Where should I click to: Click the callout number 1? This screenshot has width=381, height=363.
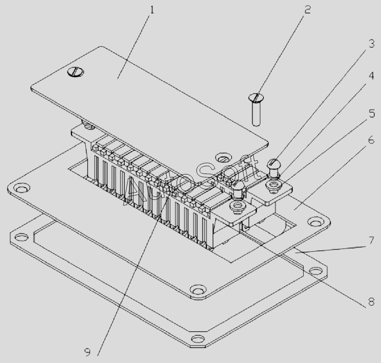(152, 9)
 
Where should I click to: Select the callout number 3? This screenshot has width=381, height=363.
(371, 44)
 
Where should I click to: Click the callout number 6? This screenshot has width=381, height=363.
(371, 140)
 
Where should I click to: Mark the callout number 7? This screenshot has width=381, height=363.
(371, 239)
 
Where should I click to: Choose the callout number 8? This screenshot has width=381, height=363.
(371, 302)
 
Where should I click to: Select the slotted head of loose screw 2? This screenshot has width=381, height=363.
(256, 98)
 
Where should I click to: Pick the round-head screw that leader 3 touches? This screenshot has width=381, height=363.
(274, 164)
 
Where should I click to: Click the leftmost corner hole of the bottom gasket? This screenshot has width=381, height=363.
(20, 237)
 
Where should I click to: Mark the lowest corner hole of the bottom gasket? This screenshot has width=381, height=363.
(198, 338)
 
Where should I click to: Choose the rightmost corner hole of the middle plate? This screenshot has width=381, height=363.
(313, 221)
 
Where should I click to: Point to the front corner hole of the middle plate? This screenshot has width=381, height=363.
(197, 289)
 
